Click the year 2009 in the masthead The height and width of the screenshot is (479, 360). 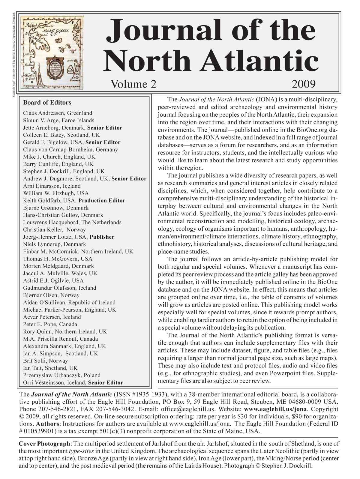click(304, 84)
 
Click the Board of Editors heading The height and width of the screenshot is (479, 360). click(47, 103)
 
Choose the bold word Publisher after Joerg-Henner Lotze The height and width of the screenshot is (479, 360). click(102, 237)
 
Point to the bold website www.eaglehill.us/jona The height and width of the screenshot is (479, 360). click(275, 409)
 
